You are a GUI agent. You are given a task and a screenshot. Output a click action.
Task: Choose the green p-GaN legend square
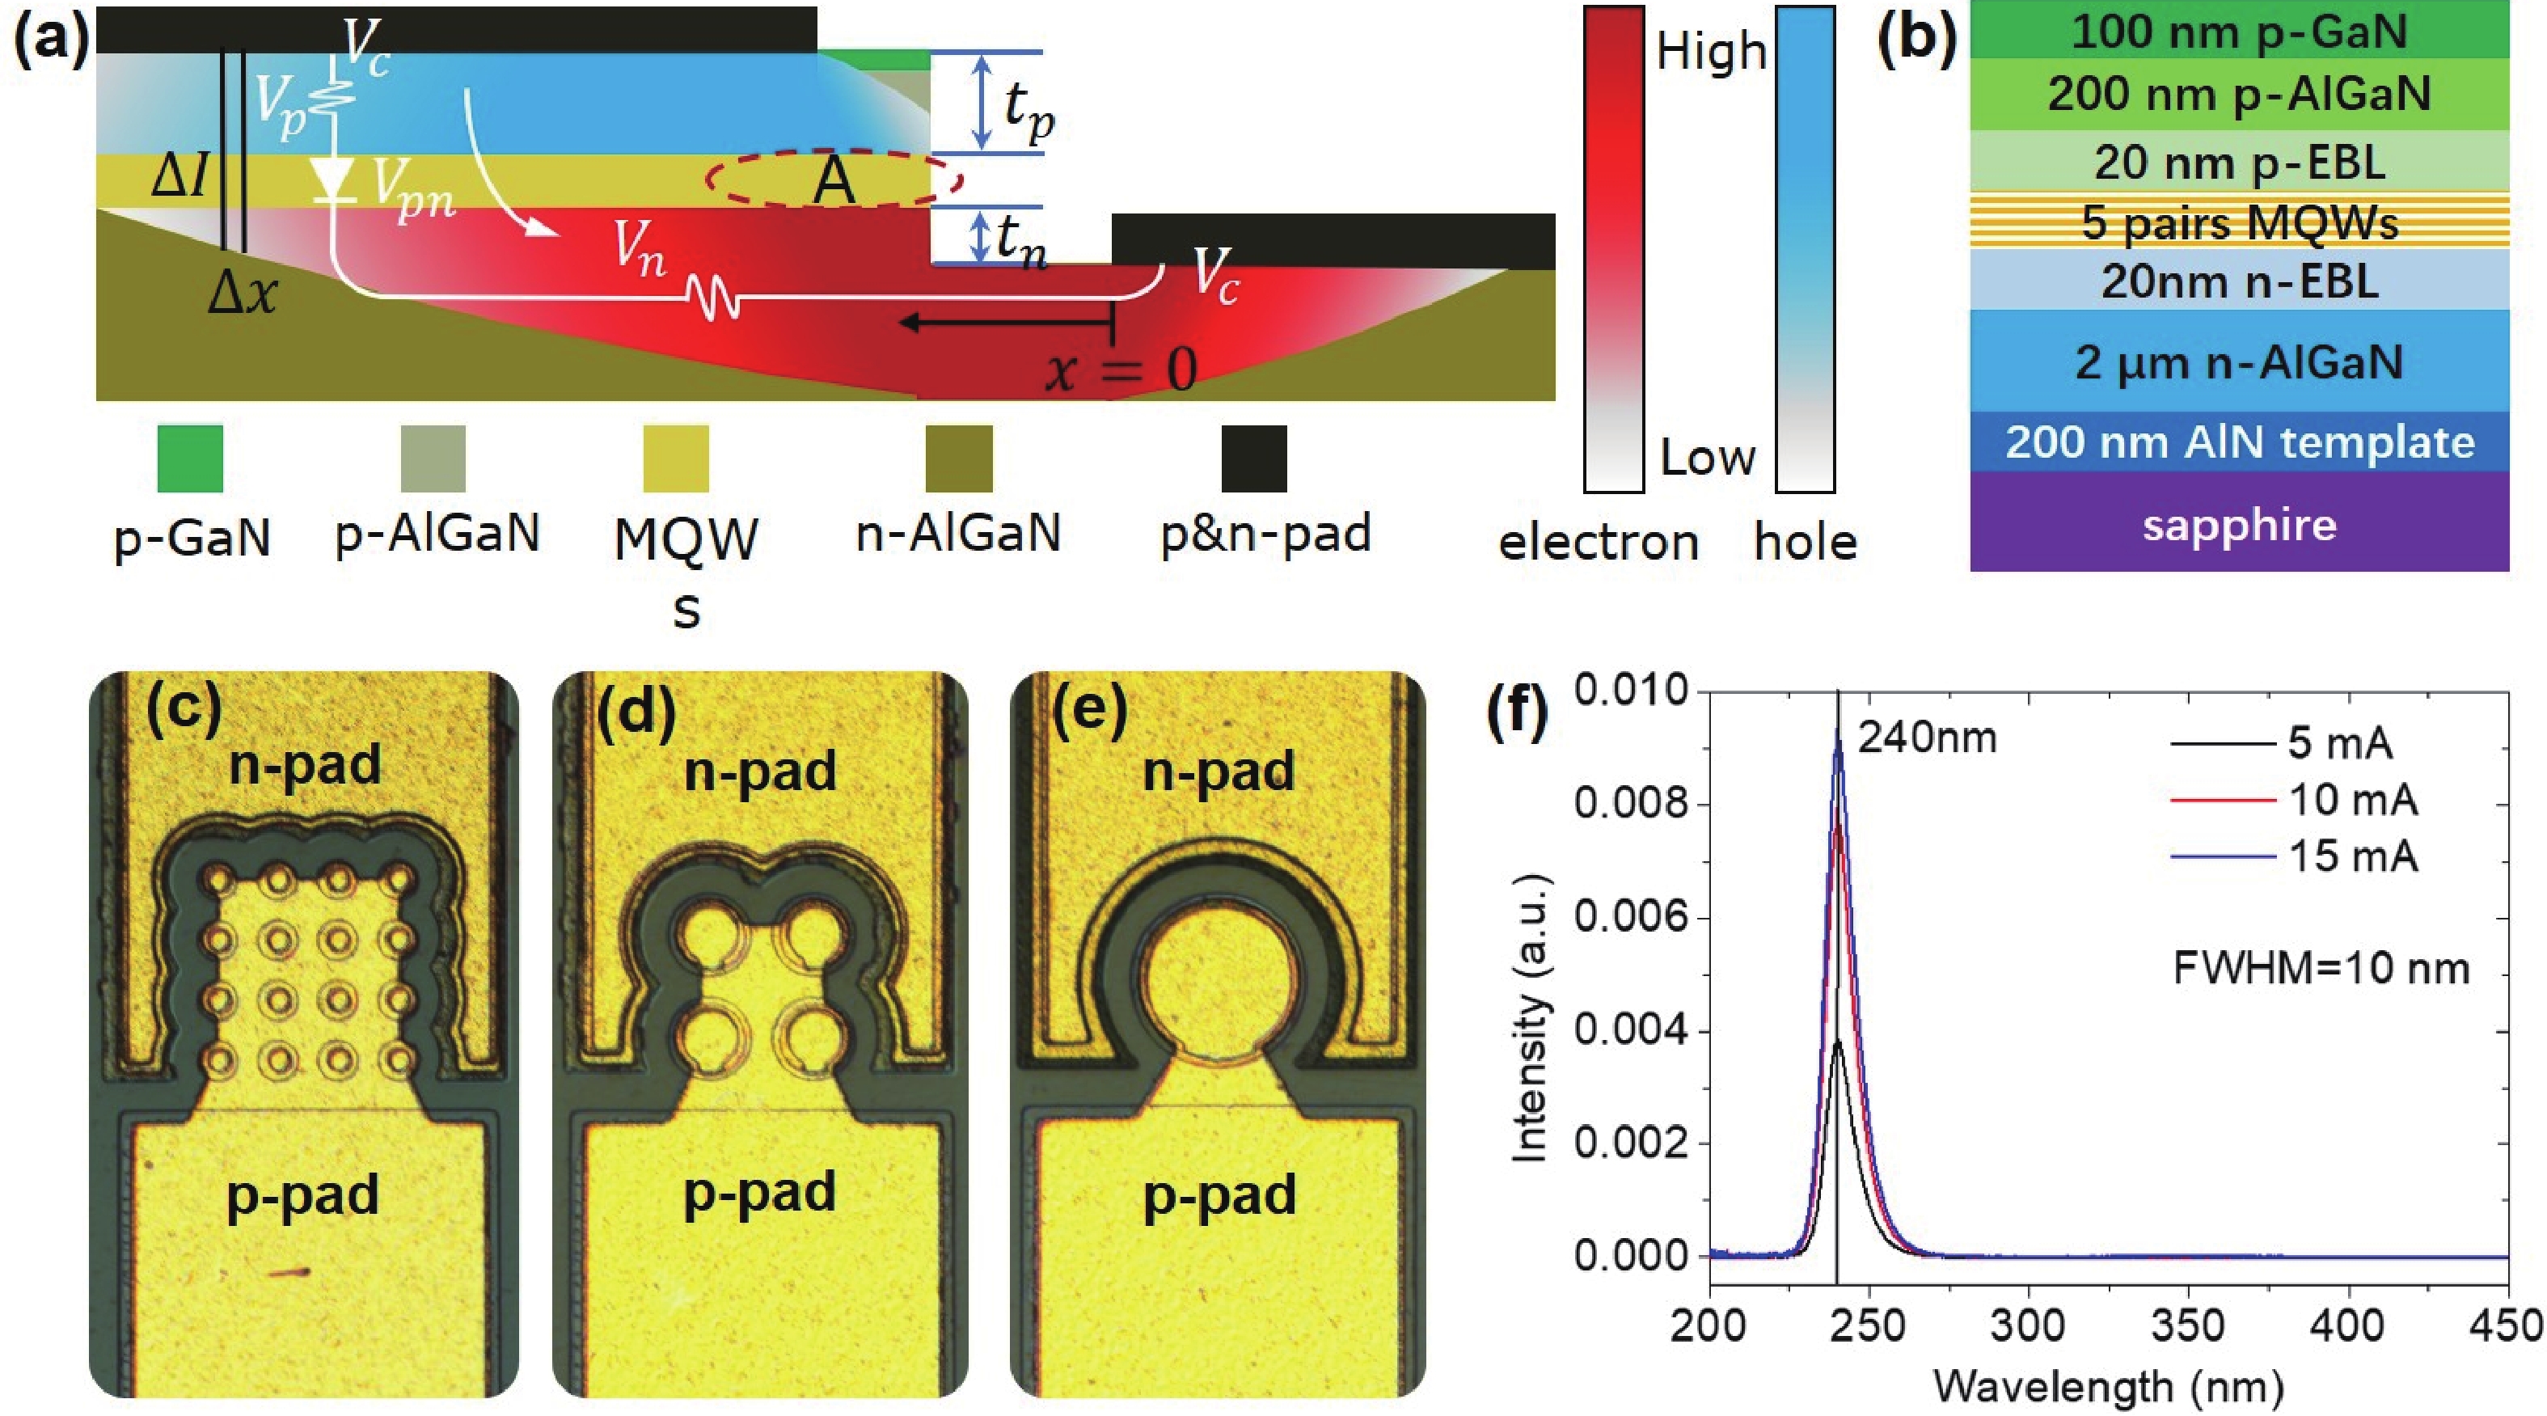[190, 458]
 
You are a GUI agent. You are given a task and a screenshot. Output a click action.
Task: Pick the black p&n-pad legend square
[1254, 458]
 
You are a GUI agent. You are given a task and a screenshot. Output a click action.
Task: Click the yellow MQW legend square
[676, 458]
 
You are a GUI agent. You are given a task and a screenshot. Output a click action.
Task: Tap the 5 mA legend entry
[2338, 742]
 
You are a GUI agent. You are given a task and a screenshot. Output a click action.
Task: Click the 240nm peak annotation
[1926, 738]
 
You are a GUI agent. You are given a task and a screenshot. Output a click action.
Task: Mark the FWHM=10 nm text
[2321, 968]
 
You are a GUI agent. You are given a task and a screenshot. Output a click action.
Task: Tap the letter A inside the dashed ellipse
[833, 182]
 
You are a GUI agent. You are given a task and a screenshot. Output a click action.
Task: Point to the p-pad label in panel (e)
[1219, 1195]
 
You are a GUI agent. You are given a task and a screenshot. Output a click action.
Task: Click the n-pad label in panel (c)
[305, 764]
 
